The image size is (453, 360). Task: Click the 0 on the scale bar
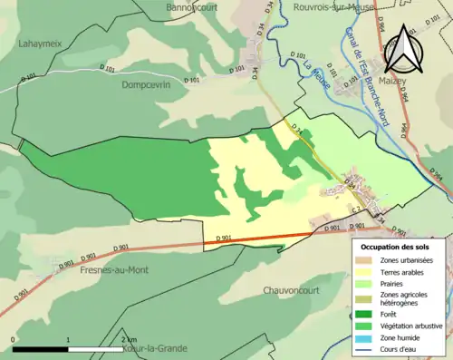coord(14,340)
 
